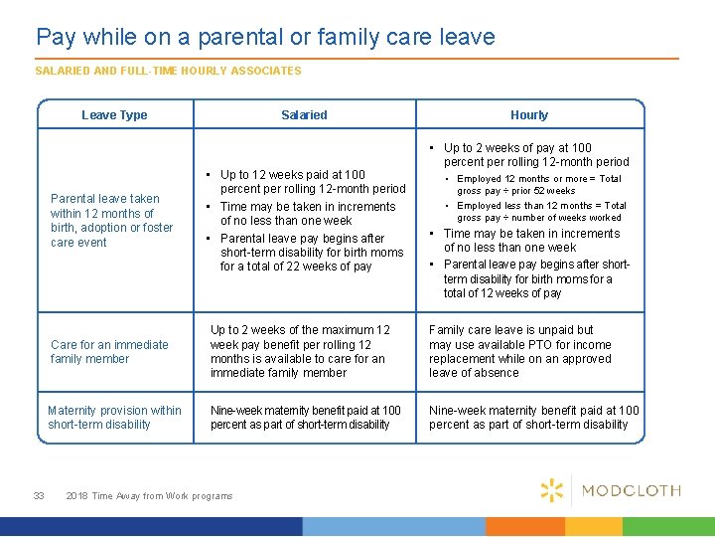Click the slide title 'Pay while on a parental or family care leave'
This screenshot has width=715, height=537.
[x=265, y=38]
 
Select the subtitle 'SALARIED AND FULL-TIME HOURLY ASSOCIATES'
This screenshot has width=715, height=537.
[x=168, y=71]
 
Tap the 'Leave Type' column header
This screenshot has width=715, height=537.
[x=114, y=115]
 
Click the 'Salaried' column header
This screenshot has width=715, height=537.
[x=304, y=115]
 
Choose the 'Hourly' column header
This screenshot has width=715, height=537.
[x=529, y=115]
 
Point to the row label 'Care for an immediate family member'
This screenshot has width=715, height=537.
[x=109, y=352]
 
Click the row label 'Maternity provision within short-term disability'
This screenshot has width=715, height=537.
[x=115, y=417]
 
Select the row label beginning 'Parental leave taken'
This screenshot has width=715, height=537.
[x=111, y=220]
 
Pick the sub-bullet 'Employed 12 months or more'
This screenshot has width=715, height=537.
[x=538, y=184]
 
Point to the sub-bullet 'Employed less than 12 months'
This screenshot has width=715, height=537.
[x=541, y=211]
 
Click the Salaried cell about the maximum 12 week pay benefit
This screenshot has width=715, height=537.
[x=302, y=351]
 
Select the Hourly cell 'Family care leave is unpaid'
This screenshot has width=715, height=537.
[x=519, y=351]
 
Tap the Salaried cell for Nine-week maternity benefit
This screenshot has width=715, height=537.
[x=305, y=417]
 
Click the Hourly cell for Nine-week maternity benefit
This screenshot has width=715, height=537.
[x=533, y=417]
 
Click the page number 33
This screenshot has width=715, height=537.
[x=39, y=495]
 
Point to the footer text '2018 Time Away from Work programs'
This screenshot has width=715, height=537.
[x=149, y=495]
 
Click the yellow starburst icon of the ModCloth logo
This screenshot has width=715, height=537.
[x=552, y=489]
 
